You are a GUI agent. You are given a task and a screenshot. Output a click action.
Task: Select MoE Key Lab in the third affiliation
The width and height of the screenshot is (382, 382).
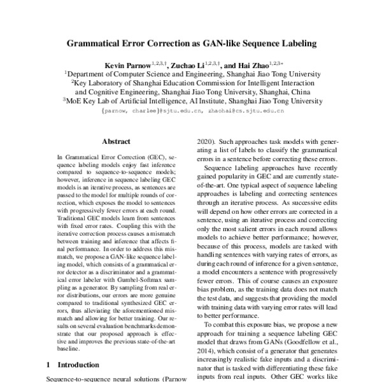[x=88, y=100]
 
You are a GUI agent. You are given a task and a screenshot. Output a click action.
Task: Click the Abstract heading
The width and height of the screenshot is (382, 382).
[x=115, y=141]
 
